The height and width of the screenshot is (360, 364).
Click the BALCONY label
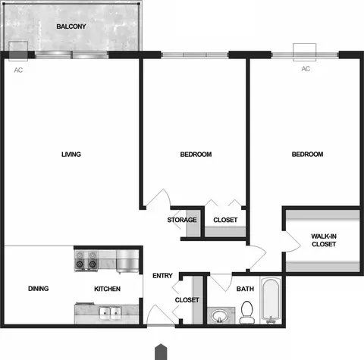pyautogui.click(x=71, y=27)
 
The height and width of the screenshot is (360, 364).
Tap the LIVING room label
pyautogui.click(x=71, y=155)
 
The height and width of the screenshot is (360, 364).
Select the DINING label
pyautogui.click(x=39, y=289)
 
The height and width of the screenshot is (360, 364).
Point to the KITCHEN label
pyautogui.click(x=107, y=289)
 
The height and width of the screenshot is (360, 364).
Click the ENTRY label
pyautogui.click(x=162, y=276)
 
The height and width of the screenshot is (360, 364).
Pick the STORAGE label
pyautogui.click(x=182, y=220)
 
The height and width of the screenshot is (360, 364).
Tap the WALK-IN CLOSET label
pyautogui.click(x=324, y=240)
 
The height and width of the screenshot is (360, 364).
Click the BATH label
pyautogui.click(x=245, y=289)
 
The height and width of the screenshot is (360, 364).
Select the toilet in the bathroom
pyautogui.click(x=247, y=312)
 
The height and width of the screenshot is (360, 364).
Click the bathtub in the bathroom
pyautogui.click(x=271, y=300)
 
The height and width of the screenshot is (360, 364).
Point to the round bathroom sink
pyautogui.click(x=219, y=316)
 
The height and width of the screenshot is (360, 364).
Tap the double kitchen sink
pyautogui.click(x=110, y=314)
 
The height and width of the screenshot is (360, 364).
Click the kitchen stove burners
pyautogui.click(x=86, y=260)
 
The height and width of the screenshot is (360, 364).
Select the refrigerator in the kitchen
pyautogui.click(x=127, y=261)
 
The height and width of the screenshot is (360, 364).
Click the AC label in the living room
pyautogui.click(x=18, y=70)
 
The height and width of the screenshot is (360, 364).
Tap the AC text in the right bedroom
pyautogui.click(x=306, y=69)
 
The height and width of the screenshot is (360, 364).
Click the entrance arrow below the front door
pyautogui.click(x=161, y=352)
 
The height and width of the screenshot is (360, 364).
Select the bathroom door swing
pyautogui.click(x=221, y=283)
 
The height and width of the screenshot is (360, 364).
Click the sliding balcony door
pyautogui.click(x=71, y=55)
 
